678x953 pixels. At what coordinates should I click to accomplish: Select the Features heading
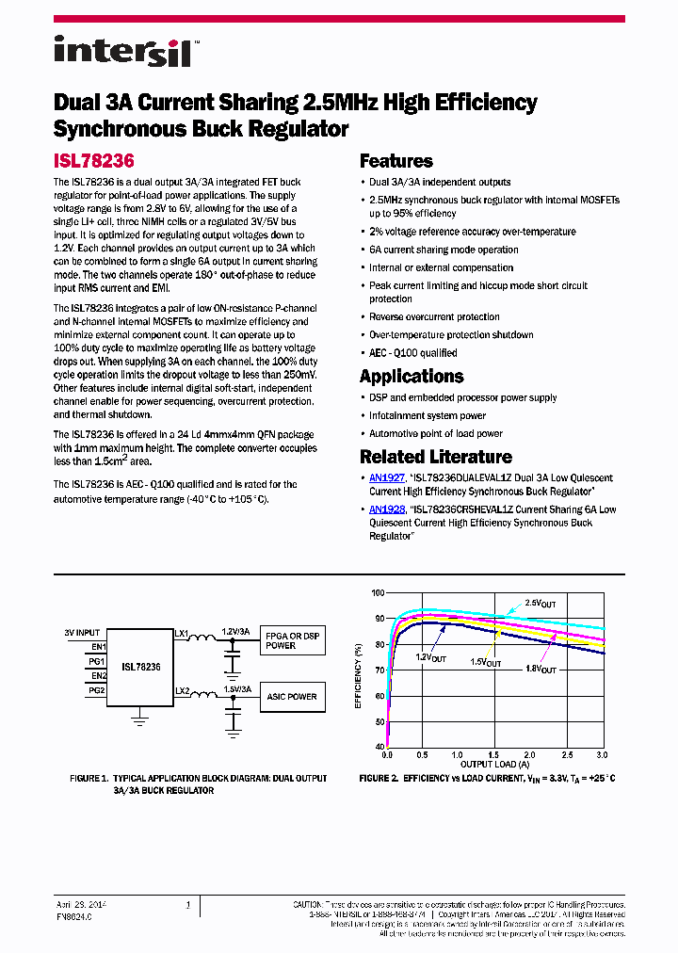(x=395, y=161)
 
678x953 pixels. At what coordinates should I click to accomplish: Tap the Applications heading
(x=412, y=376)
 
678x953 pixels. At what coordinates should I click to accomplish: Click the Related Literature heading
(x=435, y=457)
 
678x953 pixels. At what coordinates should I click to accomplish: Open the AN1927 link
(x=387, y=478)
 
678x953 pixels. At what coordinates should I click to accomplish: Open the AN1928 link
(x=387, y=509)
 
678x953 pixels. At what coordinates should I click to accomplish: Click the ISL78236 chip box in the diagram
(x=140, y=667)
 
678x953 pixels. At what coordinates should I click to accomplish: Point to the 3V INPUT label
(x=82, y=632)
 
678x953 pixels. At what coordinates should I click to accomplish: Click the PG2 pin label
(x=96, y=690)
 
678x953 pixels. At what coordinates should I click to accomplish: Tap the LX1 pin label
(x=182, y=633)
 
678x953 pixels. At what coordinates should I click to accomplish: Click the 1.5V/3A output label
(x=236, y=688)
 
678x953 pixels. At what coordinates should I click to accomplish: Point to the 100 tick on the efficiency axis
(x=378, y=593)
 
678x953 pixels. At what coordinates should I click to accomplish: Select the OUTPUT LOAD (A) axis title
(x=495, y=764)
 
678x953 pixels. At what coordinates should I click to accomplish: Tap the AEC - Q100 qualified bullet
(x=412, y=353)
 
